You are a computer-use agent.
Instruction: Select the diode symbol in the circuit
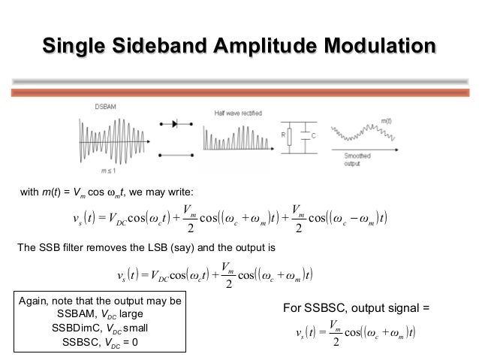click(179, 123)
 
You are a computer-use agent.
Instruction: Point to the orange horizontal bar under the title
click(239, 92)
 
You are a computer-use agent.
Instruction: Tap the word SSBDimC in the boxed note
click(77, 328)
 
